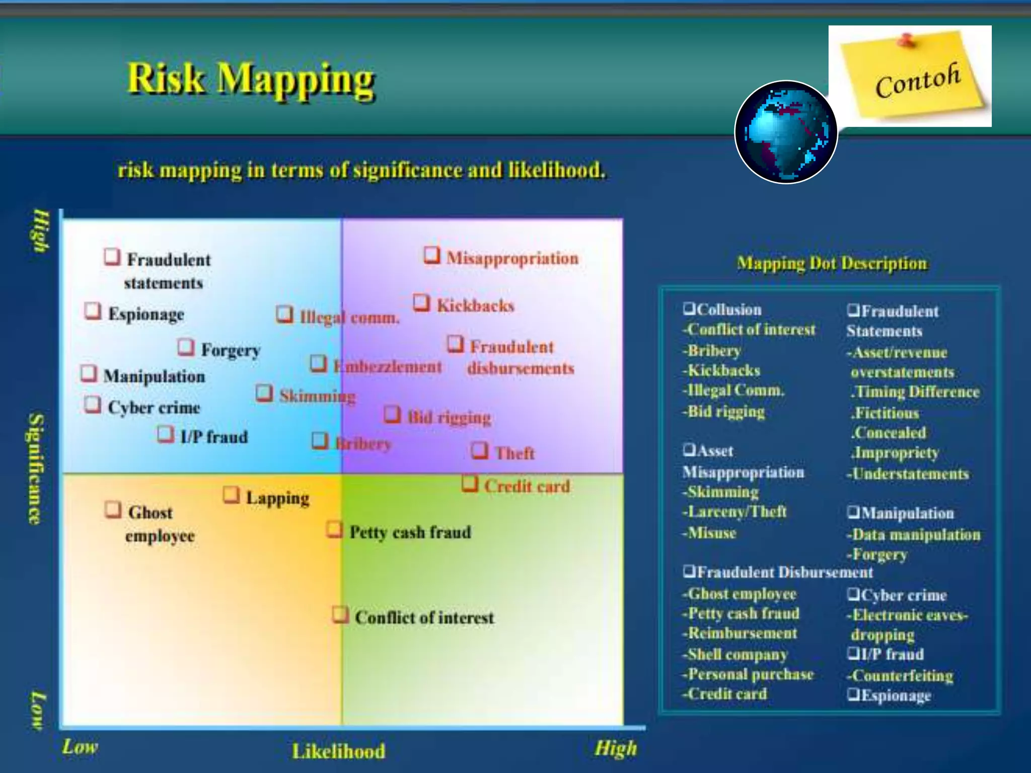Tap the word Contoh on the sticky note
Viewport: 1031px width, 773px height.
pos(917,81)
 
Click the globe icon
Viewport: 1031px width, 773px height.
pos(786,132)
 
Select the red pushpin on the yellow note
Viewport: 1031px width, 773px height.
pos(907,40)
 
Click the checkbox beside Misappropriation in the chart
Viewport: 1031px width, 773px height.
pos(431,255)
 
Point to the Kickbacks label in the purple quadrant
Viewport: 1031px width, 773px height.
pos(475,305)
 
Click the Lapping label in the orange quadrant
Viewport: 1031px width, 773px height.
pos(277,498)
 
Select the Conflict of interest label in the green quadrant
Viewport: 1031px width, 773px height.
pos(424,617)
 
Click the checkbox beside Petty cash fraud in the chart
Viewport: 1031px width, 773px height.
pos(334,529)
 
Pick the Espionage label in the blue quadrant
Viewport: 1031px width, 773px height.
pos(146,314)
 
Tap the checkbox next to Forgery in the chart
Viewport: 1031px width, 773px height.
pos(186,347)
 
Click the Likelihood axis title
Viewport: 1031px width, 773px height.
pos(339,751)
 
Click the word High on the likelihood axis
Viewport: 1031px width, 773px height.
pos(616,748)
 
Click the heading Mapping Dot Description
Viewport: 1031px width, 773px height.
pos(832,263)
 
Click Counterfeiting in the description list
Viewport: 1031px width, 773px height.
pos(902,675)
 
